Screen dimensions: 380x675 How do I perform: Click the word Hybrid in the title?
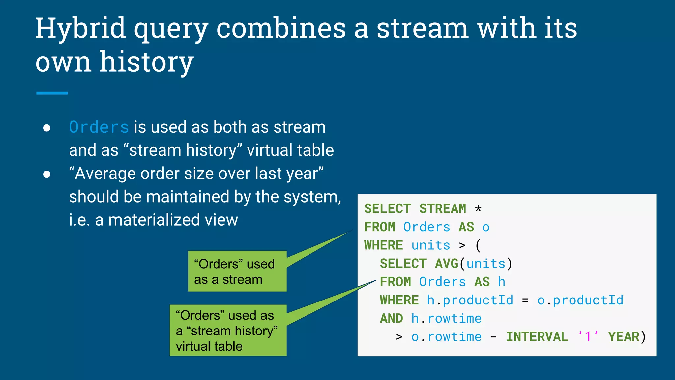point(80,29)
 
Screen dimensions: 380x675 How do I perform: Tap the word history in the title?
point(146,62)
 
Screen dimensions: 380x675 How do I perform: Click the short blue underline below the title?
point(52,93)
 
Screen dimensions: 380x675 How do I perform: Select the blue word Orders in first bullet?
point(99,127)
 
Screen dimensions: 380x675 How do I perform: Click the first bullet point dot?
point(47,128)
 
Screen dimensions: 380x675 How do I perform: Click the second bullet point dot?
point(47,174)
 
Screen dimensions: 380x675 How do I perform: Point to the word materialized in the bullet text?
point(154,220)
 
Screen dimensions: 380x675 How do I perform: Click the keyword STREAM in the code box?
point(442,209)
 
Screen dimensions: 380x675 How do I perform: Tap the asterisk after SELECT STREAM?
point(478,209)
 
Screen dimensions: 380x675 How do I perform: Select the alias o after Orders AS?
point(486,227)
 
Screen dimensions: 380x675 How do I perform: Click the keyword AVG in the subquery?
point(447,264)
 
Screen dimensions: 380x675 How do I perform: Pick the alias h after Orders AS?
point(501,282)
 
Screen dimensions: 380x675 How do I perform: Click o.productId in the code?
point(580,300)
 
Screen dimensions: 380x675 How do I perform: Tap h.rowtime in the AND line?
point(446,319)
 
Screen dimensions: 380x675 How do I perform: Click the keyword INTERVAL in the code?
point(537,337)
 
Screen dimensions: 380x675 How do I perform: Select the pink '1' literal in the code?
point(588,337)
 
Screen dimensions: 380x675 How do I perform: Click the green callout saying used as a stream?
point(237,271)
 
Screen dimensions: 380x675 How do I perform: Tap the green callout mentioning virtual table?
point(228,331)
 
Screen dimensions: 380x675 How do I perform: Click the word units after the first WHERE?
point(430,245)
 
